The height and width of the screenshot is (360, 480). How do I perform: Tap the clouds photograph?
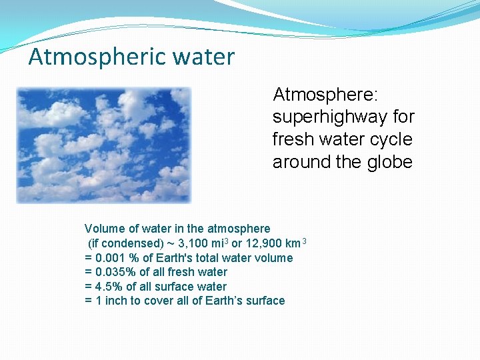104,145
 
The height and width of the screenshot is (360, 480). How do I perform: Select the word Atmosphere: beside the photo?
326,94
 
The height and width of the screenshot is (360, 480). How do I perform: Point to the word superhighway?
330,117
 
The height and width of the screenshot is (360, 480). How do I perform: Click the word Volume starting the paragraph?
103,229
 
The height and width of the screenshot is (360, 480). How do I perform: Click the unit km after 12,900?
294,243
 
